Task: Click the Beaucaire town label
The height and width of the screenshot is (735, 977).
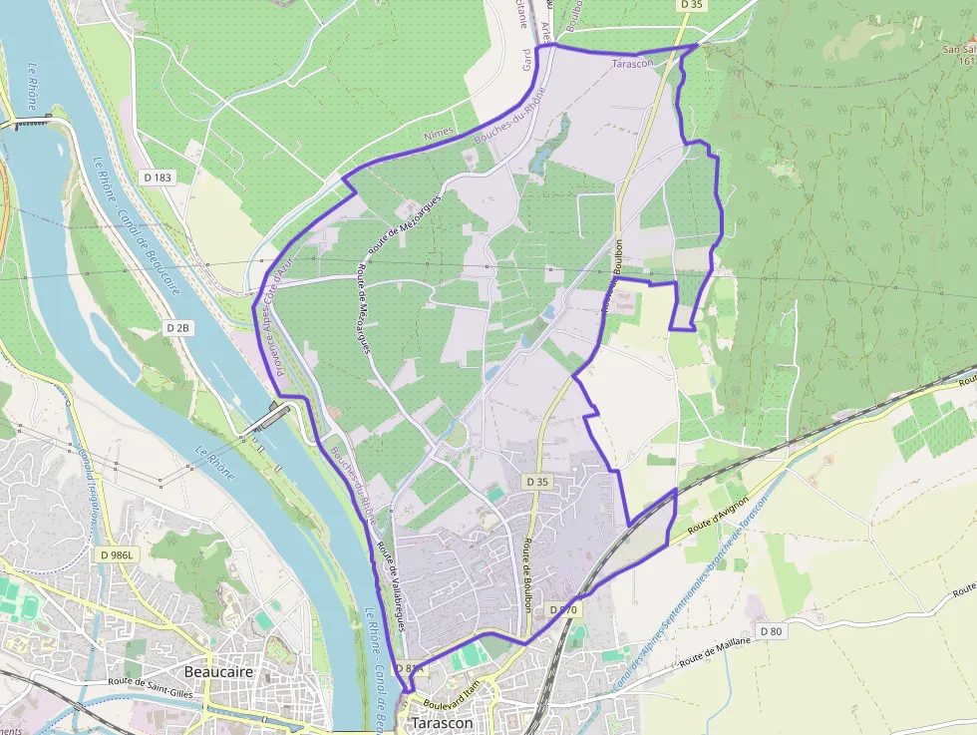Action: [219, 672]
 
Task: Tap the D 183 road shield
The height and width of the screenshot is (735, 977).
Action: [157, 178]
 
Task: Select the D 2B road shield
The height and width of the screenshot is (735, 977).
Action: [177, 327]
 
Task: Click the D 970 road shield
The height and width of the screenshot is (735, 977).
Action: [563, 608]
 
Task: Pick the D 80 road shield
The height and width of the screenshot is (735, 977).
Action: [771, 630]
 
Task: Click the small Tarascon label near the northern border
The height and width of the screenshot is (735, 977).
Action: [632, 63]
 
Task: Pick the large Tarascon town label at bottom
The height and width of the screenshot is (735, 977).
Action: [442, 723]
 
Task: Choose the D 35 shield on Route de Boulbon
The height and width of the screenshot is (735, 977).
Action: [536, 483]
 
